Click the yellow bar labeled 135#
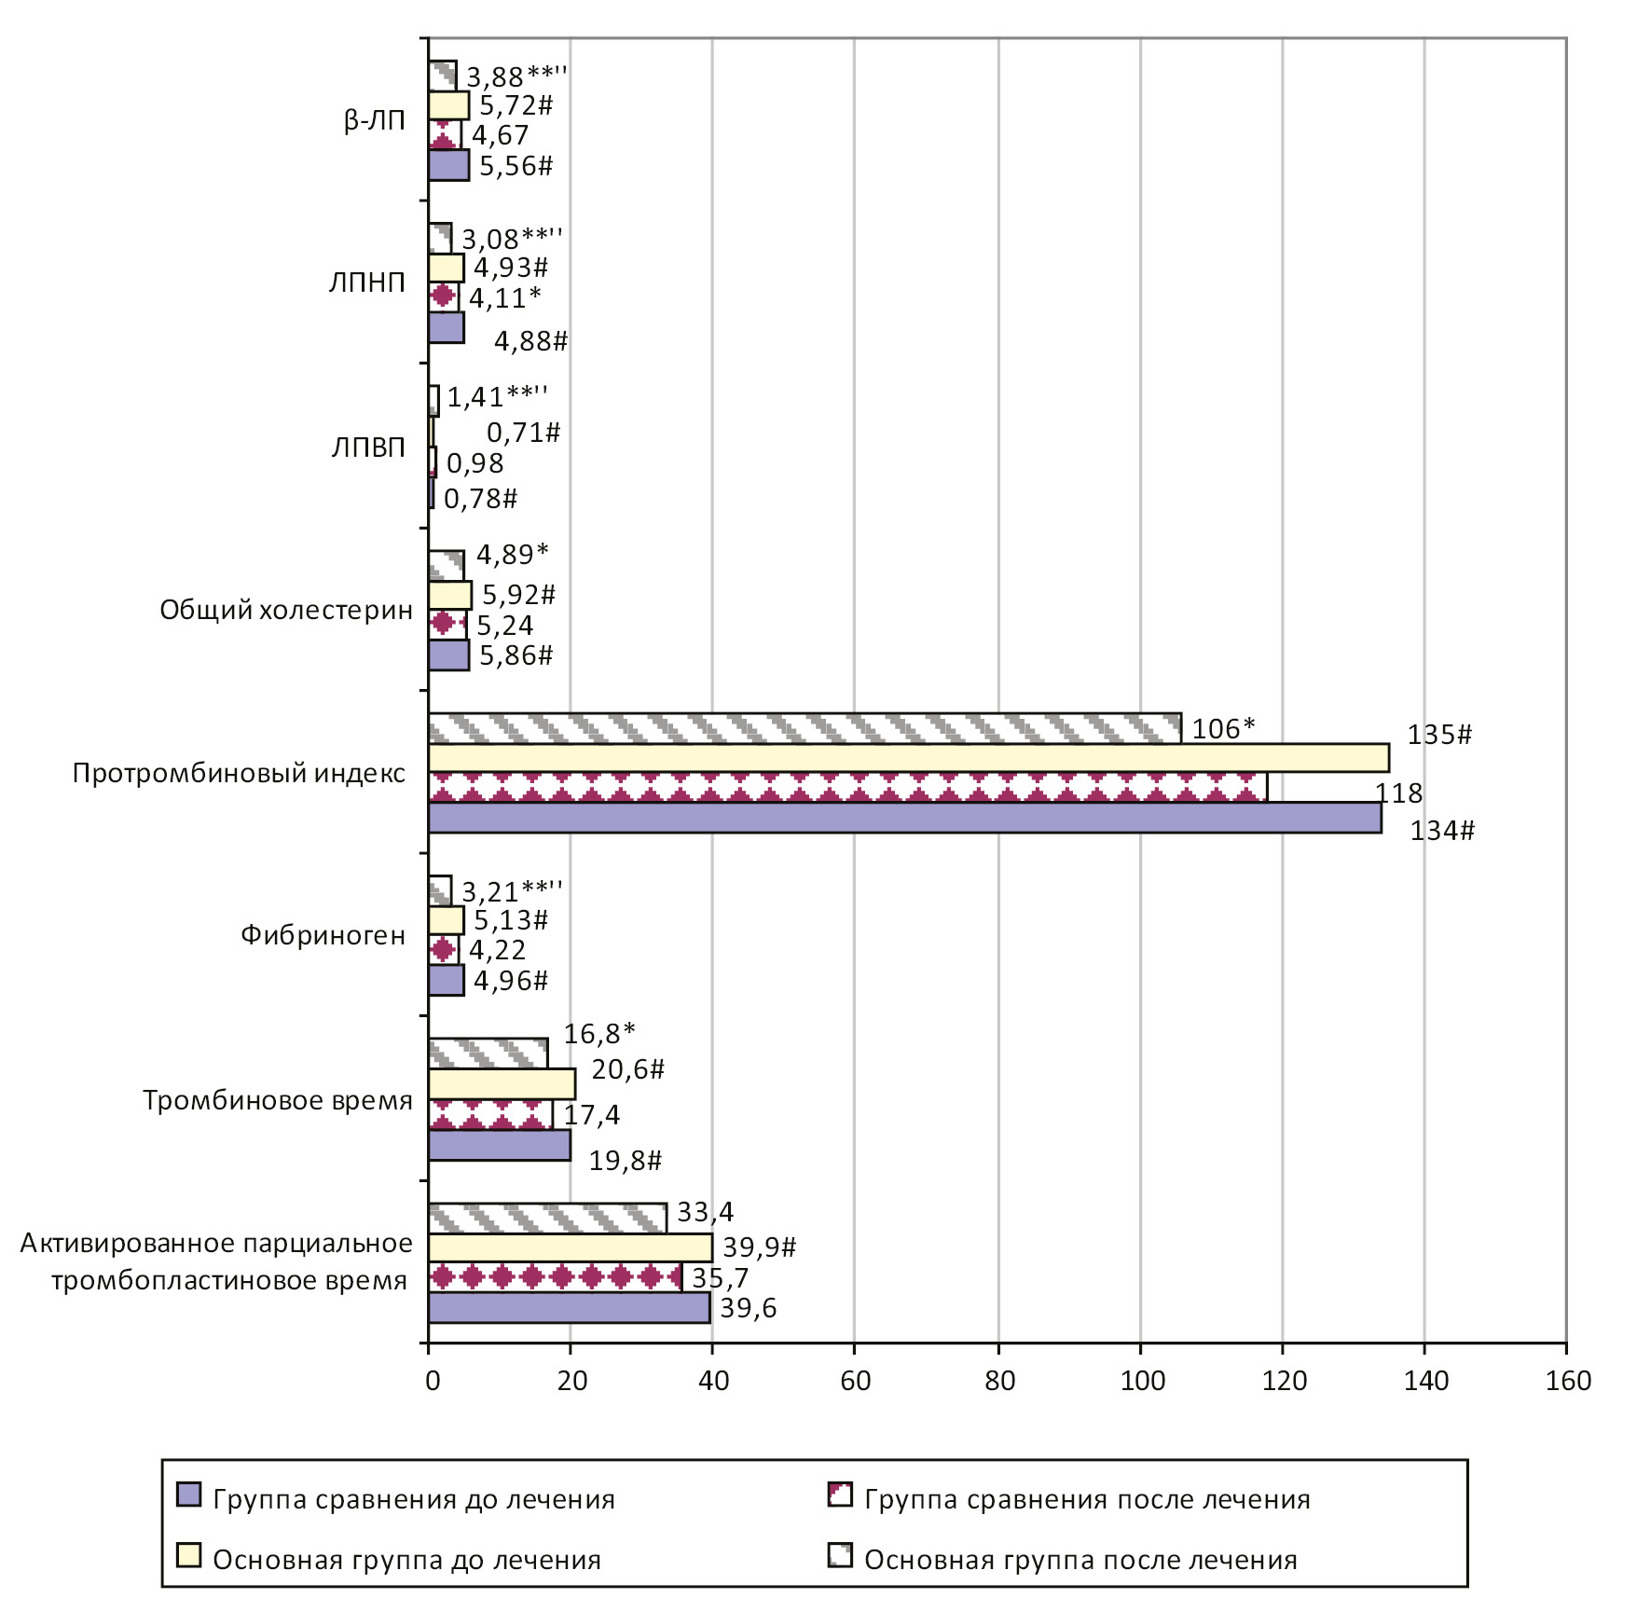908,758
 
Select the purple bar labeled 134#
904,818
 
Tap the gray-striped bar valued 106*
804,728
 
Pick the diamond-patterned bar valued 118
846,788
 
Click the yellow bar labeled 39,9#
570,1247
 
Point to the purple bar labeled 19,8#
499,1145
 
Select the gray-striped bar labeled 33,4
547,1217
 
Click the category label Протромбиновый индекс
239,773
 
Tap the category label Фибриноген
323,935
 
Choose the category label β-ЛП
374,120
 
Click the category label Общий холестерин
285,610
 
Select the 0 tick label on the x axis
432,1381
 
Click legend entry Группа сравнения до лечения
413,1499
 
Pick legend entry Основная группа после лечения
1080,1560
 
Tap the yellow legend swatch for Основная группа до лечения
188,1555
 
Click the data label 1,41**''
497,397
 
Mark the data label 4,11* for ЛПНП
504,298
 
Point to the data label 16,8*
598,1033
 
